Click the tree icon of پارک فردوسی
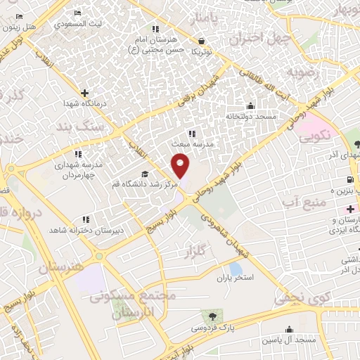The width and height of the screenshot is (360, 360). click(x=209, y=315)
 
